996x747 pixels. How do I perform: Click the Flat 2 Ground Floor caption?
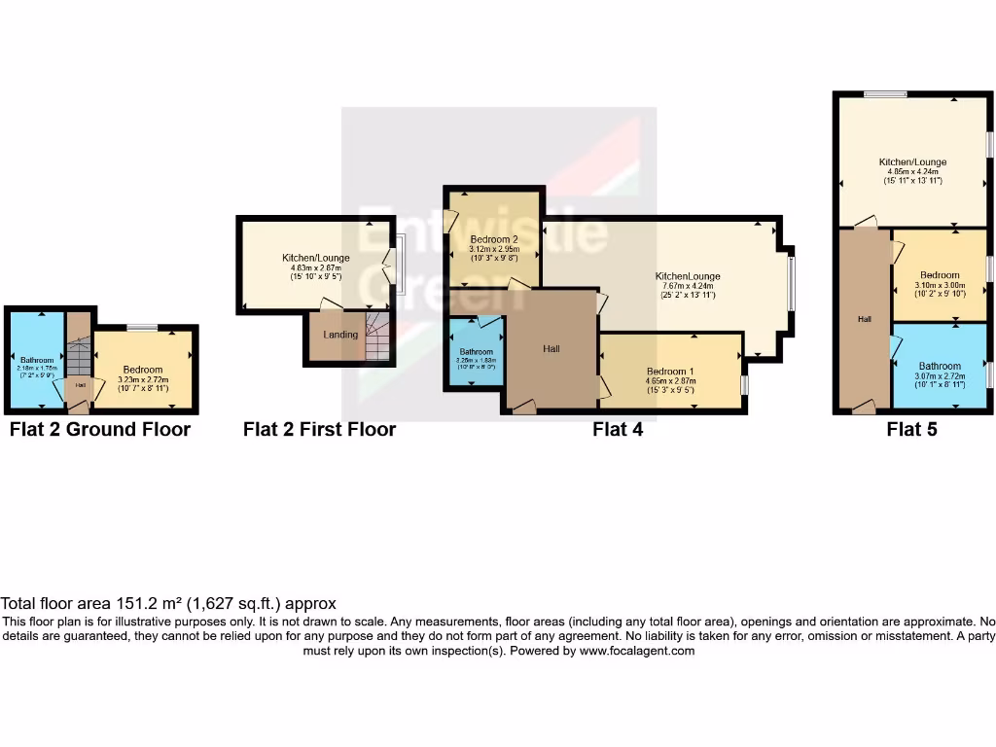[100, 429]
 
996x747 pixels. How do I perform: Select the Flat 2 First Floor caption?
[319, 429]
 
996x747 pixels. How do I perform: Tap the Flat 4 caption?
[618, 429]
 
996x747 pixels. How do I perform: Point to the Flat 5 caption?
[911, 429]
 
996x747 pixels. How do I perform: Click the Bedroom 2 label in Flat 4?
[493, 238]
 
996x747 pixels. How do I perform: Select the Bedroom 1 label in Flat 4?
[671, 372]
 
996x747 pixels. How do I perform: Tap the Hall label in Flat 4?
[551, 349]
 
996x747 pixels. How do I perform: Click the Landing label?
[340, 335]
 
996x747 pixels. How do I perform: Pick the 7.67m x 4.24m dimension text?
[688, 286]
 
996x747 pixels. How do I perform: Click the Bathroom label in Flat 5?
[940, 367]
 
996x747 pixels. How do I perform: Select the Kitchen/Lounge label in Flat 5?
[912, 162]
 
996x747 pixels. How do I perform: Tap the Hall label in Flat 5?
[864, 319]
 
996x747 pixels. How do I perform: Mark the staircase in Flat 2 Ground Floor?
[79, 355]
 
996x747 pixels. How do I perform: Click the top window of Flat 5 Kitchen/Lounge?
[885, 93]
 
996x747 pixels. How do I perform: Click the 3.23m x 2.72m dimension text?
[143, 379]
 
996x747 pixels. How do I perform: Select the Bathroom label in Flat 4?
[477, 351]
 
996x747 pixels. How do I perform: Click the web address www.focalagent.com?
[637, 651]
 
